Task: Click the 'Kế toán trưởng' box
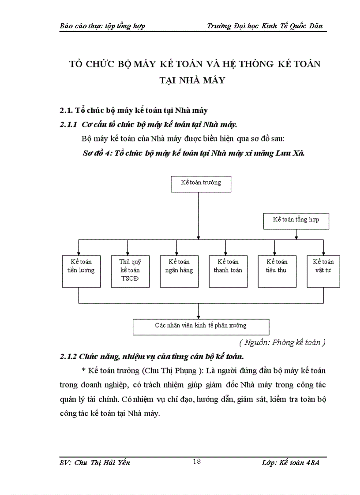[201, 183]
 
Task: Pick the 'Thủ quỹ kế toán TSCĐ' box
[128, 271]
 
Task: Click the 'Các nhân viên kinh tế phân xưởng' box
[201, 327]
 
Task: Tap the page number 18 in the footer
[197, 462]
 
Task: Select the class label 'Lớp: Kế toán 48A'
[290, 462]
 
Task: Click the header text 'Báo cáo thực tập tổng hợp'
[102, 26]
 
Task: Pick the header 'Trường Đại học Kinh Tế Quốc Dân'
[265, 26]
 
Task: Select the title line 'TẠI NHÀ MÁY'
[195, 81]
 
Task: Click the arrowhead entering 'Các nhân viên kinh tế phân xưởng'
[200, 317]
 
